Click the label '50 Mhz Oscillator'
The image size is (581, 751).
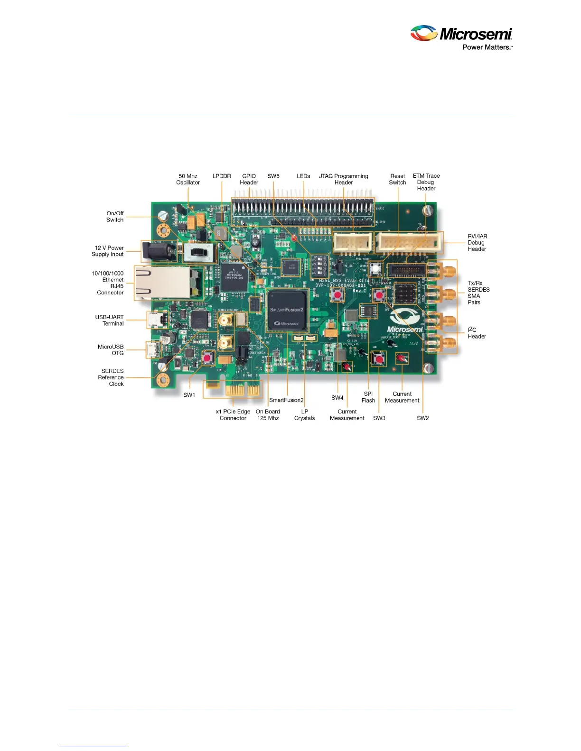click(188, 179)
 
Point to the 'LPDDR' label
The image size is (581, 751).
click(222, 176)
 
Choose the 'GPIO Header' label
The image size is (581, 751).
click(249, 179)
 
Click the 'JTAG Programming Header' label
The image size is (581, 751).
click(343, 179)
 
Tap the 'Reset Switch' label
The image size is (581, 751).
click(397, 179)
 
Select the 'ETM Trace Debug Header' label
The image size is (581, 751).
click(426, 182)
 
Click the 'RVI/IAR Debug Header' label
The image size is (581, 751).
click(477, 242)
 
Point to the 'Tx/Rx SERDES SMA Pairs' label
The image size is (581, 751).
click(478, 293)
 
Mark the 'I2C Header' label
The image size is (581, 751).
click(476, 333)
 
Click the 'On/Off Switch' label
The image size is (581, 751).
click(115, 216)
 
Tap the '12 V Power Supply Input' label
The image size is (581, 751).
click(108, 251)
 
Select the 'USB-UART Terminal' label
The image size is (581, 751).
click(110, 320)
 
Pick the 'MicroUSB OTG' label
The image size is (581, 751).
click(111, 350)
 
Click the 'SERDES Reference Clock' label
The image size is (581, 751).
click(112, 377)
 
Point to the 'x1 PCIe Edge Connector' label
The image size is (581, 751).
click(233, 415)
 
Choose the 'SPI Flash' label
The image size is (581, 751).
click(368, 397)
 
